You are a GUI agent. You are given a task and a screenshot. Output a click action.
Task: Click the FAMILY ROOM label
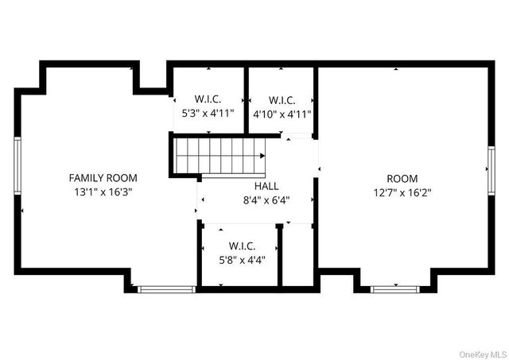(103, 178)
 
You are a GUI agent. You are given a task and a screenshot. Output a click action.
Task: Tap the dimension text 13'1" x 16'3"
(103, 192)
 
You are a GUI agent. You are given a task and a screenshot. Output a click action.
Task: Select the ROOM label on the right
(402, 179)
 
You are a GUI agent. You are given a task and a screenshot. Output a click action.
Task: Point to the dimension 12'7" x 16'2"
(402, 192)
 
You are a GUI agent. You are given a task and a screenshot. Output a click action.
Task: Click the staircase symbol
(220, 155)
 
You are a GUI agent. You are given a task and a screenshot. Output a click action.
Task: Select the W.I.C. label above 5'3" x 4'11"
(208, 100)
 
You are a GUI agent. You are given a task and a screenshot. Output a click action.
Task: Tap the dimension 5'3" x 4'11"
(208, 114)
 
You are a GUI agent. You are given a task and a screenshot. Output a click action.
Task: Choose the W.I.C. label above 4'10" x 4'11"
(282, 100)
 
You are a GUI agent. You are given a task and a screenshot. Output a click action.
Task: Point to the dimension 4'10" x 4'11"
(282, 114)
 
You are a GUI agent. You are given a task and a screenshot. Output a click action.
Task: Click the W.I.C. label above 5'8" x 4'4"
(241, 246)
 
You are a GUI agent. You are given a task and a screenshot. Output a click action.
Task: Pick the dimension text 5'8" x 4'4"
(241, 259)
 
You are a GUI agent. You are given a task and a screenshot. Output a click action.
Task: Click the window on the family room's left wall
(17, 165)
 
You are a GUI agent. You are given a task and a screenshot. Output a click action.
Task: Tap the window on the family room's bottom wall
(166, 288)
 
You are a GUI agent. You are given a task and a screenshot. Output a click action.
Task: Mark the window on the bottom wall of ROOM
(395, 288)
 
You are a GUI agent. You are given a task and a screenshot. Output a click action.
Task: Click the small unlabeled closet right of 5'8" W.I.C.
(298, 256)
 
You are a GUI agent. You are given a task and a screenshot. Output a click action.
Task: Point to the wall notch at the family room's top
(151, 79)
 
